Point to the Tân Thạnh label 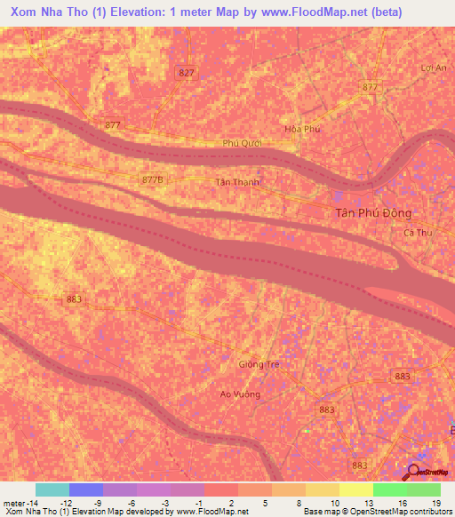[x=237, y=182]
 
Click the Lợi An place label [x=433, y=68]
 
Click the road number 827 [x=187, y=72]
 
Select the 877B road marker [x=153, y=179]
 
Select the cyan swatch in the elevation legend [x=52, y=489]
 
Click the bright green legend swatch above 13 [x=389, y=489]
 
